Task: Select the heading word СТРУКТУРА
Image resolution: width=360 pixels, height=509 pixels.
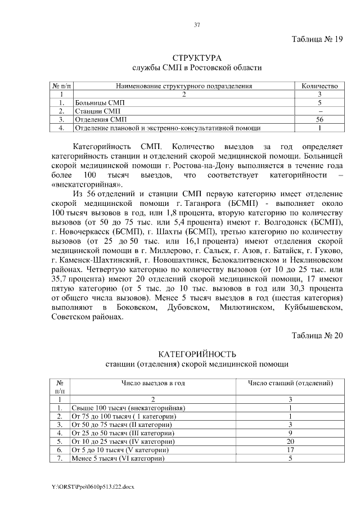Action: [x=197, y=58]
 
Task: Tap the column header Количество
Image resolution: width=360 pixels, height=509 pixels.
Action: [x=319, y=86]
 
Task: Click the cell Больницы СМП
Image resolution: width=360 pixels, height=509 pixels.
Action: [x=100, y=103]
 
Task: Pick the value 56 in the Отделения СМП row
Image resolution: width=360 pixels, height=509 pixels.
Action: [x=319, y=120]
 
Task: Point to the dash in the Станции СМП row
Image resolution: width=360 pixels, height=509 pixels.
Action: [x=319, y=111]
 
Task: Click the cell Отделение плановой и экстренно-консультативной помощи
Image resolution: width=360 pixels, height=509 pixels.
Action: [x=167, y=128]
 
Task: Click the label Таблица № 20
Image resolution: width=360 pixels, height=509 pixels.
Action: [x=317, y=336]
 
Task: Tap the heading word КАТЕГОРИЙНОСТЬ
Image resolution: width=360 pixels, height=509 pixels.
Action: [x=197, y=354]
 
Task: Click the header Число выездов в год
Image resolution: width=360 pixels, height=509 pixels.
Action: [x=153, y=383]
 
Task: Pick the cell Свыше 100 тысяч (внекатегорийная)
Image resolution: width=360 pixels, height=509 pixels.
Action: [x=128, y=408]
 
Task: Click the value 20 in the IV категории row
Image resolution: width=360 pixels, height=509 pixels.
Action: [x=291, y=442]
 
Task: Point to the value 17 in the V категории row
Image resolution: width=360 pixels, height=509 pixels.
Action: [x=291, y=451]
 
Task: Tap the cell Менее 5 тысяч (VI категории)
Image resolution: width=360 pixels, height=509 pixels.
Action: [x=118, y=459]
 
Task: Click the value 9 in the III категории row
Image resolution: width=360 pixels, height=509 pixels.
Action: [x=291, y=434]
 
